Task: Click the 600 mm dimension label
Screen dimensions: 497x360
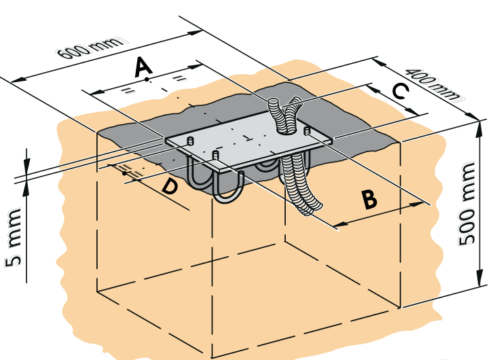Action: point(92,48)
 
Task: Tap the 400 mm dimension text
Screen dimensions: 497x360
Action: point(433,84)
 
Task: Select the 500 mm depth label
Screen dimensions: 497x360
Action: point(466,203)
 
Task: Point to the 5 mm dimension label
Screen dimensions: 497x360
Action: point(13,237)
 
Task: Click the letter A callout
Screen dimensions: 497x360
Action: point(143,67)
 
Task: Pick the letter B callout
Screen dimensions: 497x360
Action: point(369,199)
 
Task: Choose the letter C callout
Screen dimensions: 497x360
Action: point(400,91)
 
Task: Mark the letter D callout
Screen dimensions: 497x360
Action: point(169,186)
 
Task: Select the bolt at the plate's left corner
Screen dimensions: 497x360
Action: point(190,141)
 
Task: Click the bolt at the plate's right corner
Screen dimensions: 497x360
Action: point(307,130)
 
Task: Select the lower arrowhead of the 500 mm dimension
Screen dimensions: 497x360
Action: point(479,278)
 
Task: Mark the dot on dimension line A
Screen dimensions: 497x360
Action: point(147,79)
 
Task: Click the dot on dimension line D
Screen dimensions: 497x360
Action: point(124,173)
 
